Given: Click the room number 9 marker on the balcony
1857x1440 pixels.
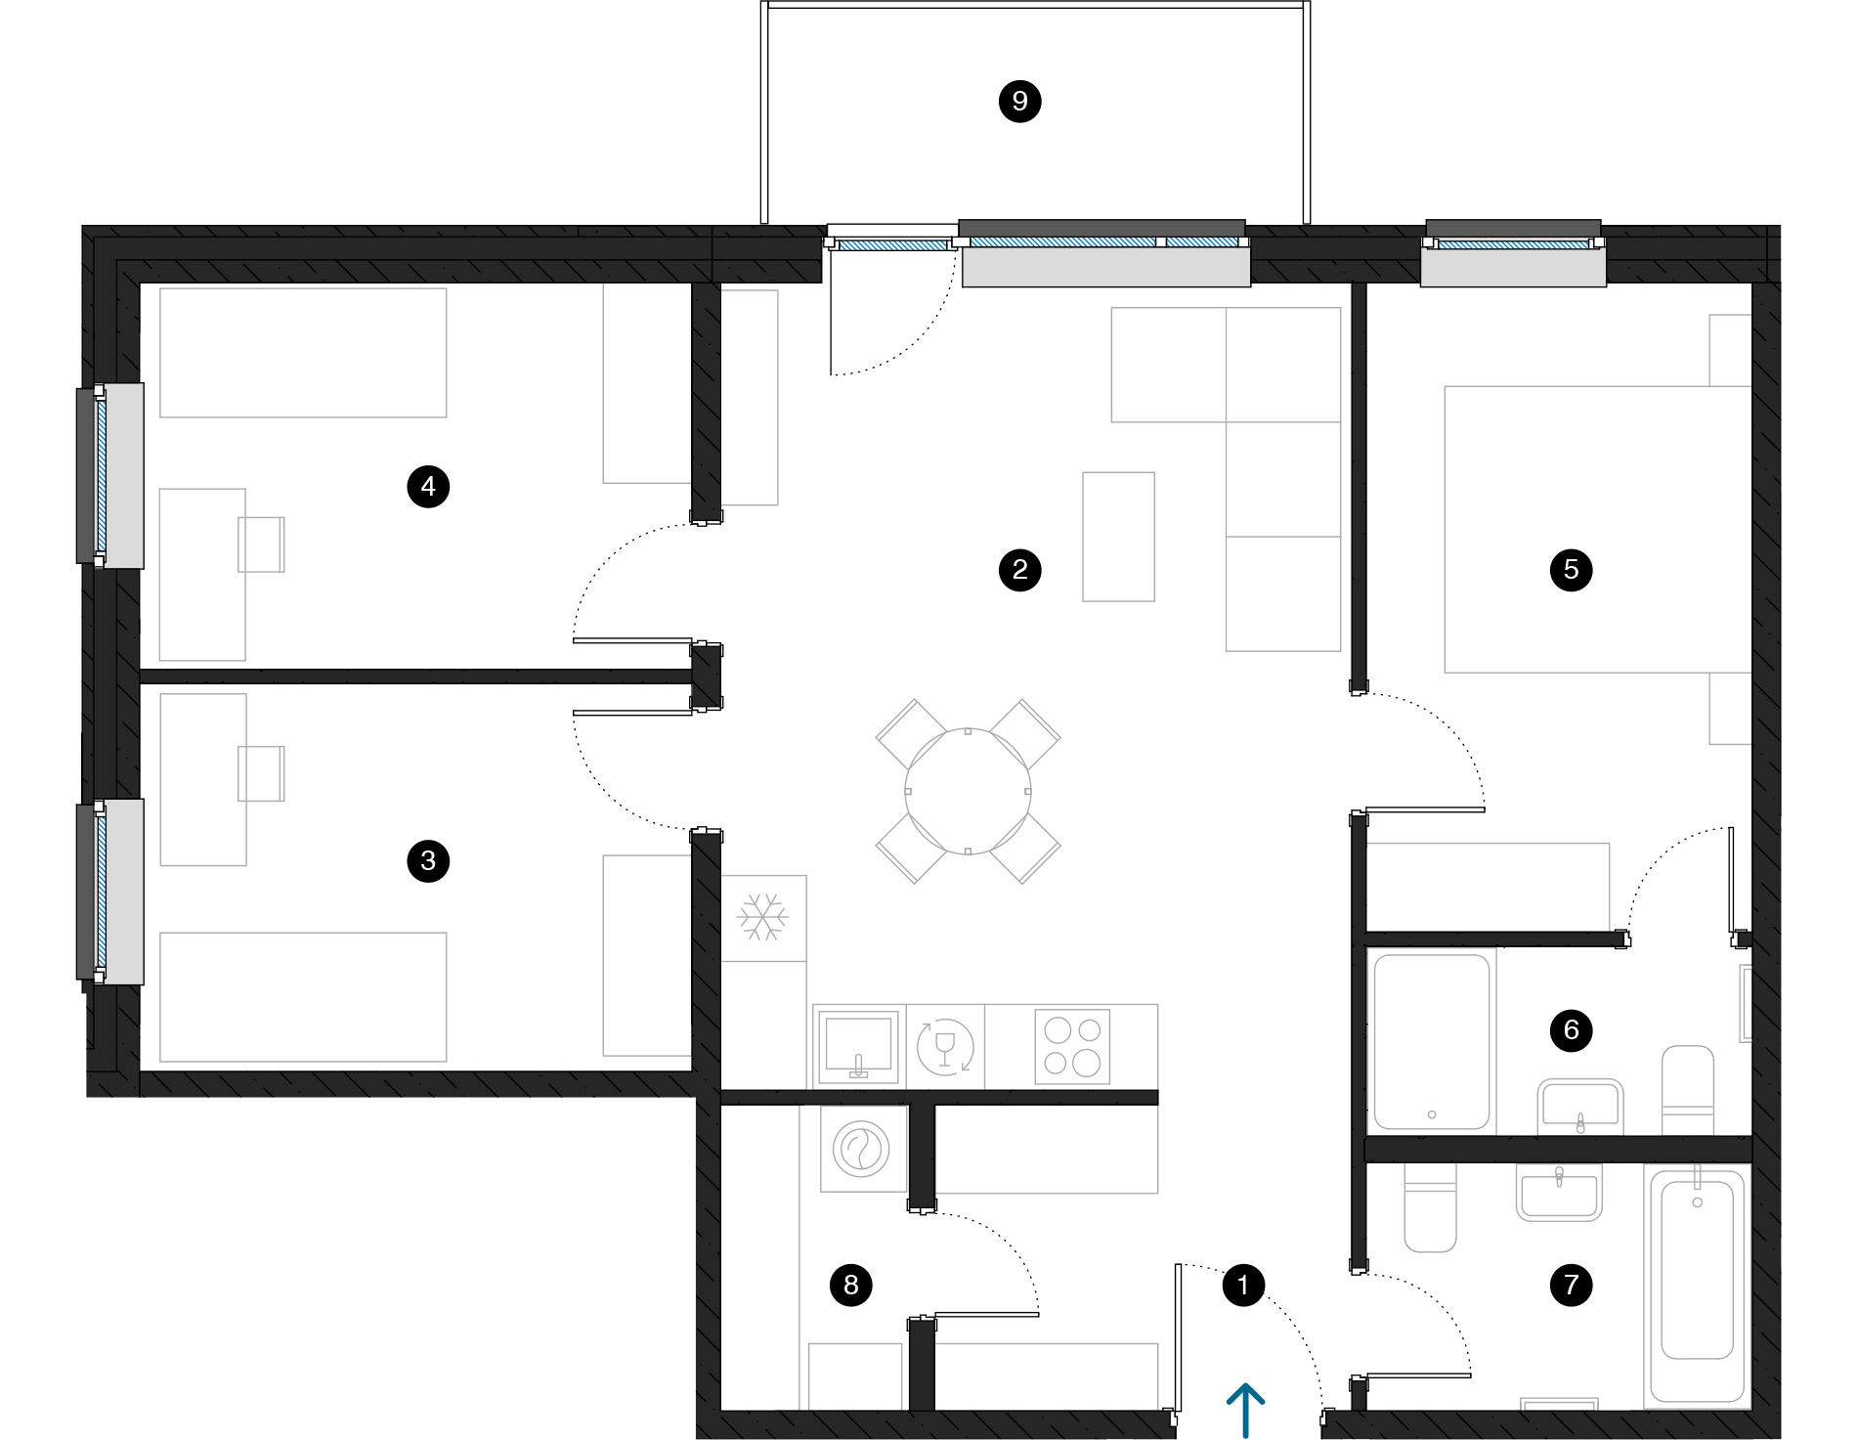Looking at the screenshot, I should (x=1019, y=101).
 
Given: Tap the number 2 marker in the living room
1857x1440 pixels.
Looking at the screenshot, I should (x=1019, y=569).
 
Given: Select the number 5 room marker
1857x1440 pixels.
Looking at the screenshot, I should (x=1571, y=569).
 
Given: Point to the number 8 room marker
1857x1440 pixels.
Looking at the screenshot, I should (x=850, y=1285).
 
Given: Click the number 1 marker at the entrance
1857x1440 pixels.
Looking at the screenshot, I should (x=1242, y=1285).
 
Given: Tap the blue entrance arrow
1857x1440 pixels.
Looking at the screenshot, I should (x=1245, y=1408).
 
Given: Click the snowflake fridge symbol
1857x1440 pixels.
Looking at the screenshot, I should (x=762, y=917).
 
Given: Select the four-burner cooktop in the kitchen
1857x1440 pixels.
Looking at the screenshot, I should (x=1072, y=1047).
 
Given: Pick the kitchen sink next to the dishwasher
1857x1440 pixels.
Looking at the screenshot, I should (x=858, y=1047).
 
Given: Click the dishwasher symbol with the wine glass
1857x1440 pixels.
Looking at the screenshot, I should (x=944, y=1047).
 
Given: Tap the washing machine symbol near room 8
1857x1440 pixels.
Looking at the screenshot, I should (x=861, y=1149).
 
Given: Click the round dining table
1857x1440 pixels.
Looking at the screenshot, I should (x=968, y=791).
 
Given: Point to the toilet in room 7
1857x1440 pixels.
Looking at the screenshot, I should (x=1430, y=1209).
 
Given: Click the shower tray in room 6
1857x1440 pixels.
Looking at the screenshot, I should (x=1432, y=1042).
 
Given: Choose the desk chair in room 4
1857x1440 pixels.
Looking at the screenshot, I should (x=262, y=545).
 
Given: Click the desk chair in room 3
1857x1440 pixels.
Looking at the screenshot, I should (x=262, y=774).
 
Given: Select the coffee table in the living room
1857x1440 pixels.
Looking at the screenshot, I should (x=1118, y=537).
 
